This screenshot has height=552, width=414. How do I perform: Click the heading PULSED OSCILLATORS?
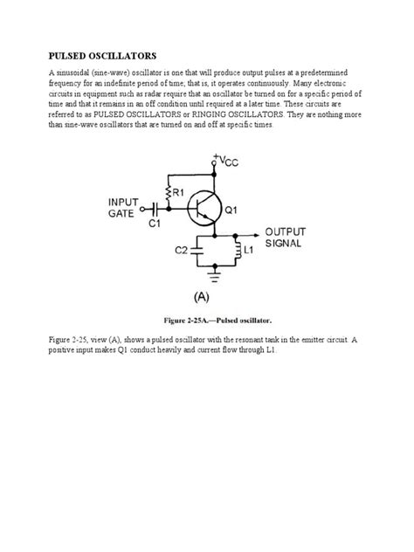(96, 54)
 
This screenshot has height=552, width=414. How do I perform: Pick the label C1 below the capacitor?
(155, 224)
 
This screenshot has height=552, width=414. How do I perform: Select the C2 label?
(181, 251)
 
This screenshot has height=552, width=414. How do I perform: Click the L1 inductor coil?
(235, 251)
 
